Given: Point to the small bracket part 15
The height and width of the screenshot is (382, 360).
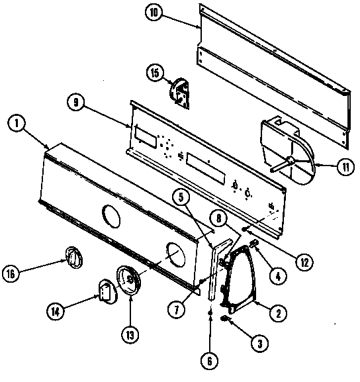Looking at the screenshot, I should (179, 92).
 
